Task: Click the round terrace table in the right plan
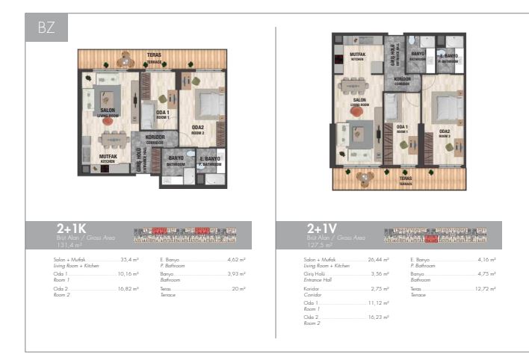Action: tap(365, 178)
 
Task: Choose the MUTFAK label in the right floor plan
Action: tap(357, 55)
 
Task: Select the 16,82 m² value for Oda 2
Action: tap(129, 288)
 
